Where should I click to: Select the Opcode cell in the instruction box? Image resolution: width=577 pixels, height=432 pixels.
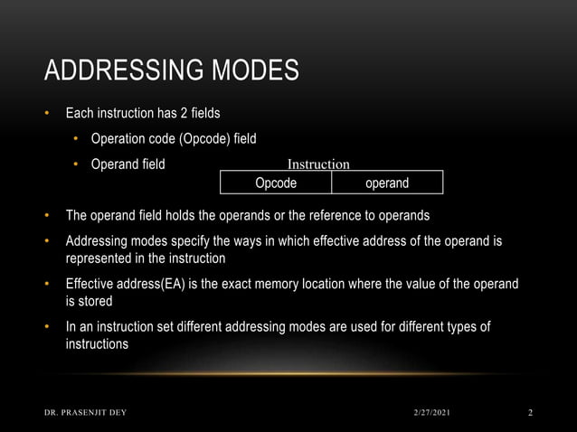(x=276, y=183)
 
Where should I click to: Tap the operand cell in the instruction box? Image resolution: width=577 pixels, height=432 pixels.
(x=386, y=183)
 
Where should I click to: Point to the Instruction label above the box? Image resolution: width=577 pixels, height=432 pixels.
(x=318, y=164)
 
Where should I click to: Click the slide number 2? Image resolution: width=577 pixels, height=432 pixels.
(x=530, y=413)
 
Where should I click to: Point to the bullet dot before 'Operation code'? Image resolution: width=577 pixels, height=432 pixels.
(x=78, y=138)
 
